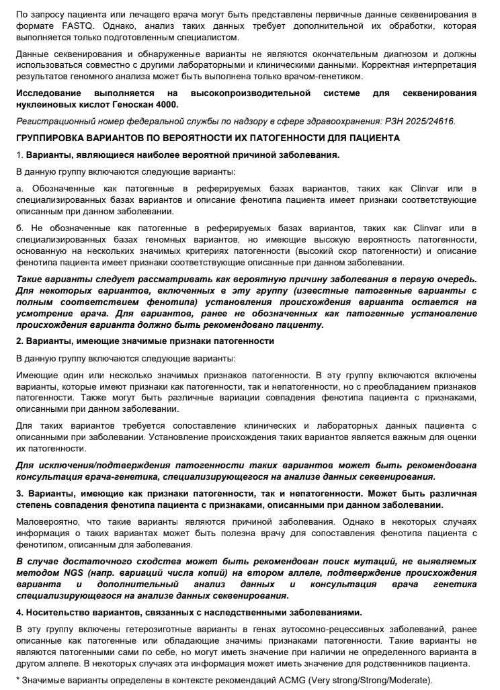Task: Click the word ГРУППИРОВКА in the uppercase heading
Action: click(x=54, y=138)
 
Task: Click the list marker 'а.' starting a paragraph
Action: click(x=20, y=188)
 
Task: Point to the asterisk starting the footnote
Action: click(x=17, y=681)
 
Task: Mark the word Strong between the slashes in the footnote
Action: click(x=377, y=681)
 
